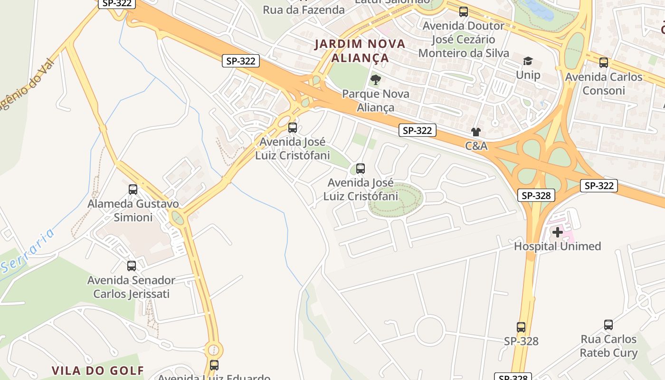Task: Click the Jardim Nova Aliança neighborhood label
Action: (x=360, y=51)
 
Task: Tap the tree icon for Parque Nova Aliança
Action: (x=376, y=79)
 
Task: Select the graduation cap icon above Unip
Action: (x=528, y=61)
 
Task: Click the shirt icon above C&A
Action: (x=476, y=132)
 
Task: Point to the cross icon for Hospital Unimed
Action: (x=558, y=232)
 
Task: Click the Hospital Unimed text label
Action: (x=558, y=246)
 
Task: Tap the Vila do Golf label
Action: (x=97, y=370)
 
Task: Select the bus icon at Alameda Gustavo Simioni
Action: (x=133, y=190)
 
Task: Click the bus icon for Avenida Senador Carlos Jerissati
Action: (x=132, y=266)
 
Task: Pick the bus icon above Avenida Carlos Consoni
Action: (x=603, y=62)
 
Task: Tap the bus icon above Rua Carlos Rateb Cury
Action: (x=608, y=325)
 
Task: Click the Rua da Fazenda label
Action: (x=304, y=9)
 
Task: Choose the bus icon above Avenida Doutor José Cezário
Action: (x=463, y=12)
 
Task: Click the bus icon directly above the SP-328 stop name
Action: (x=521, y=327)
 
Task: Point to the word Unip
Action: (x=528, y=75)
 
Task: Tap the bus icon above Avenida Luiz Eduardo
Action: (x=214, y=365)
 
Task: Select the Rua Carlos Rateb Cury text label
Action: (x=608, y=346)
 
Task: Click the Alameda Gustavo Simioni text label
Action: (x=133, y=210)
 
